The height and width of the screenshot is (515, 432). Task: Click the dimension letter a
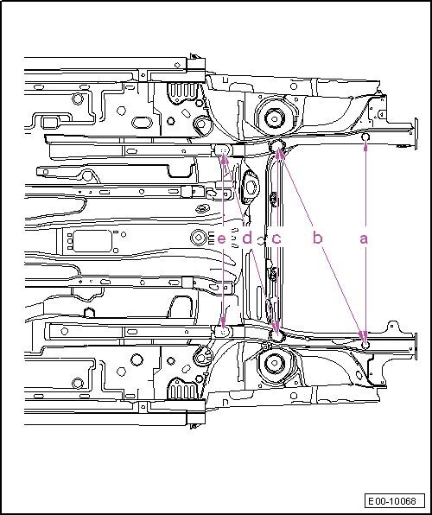point(364,238)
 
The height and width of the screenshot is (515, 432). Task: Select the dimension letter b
point(317,237)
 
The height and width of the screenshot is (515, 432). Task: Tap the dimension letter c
point(276,238)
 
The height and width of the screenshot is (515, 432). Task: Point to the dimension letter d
point(247,237)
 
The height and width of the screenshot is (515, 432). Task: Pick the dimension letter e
point(222,238)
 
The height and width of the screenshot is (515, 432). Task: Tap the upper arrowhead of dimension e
point(224,159)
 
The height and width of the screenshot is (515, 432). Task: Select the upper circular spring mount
point(274,118)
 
